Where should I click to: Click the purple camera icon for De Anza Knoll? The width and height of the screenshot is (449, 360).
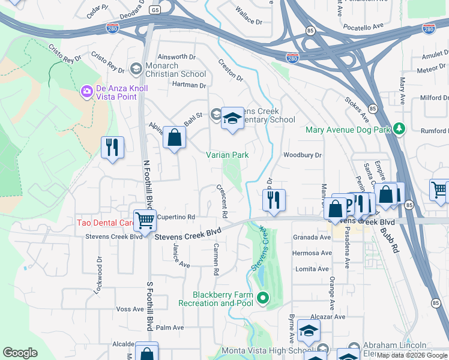87,91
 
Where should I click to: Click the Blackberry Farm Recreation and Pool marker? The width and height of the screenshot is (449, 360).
262,298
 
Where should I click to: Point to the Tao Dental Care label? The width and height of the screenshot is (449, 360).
104,223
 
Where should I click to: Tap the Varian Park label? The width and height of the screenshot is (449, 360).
227,155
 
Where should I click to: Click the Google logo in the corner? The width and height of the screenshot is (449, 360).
20,353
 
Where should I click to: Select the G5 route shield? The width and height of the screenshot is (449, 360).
156,10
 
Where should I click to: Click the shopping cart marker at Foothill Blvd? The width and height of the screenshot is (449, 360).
145,220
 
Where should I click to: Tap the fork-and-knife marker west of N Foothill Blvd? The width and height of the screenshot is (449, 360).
112,147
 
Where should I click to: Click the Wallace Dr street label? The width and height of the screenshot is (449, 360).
249,22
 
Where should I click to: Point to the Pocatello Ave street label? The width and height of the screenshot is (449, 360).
363,28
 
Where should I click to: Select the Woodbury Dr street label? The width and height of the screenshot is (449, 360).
303,155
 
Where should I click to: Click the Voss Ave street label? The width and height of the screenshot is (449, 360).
130,309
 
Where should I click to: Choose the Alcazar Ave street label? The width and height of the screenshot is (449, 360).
328,316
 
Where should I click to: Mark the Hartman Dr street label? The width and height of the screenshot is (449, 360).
189,85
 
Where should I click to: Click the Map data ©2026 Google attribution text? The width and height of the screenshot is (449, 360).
411,355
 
